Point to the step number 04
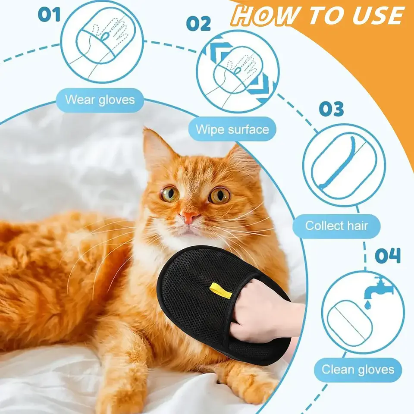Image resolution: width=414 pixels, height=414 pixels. (x=387, y=255)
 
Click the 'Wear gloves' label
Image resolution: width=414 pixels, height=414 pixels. (x=100, y=100)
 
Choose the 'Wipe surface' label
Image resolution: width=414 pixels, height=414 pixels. (x=232, y=129)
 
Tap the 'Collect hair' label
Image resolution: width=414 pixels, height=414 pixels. (x=336, y=226)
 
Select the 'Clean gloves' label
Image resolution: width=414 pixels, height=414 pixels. (x=358, y=370)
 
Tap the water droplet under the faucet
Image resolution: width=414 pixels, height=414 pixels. (x=367, y=304)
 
